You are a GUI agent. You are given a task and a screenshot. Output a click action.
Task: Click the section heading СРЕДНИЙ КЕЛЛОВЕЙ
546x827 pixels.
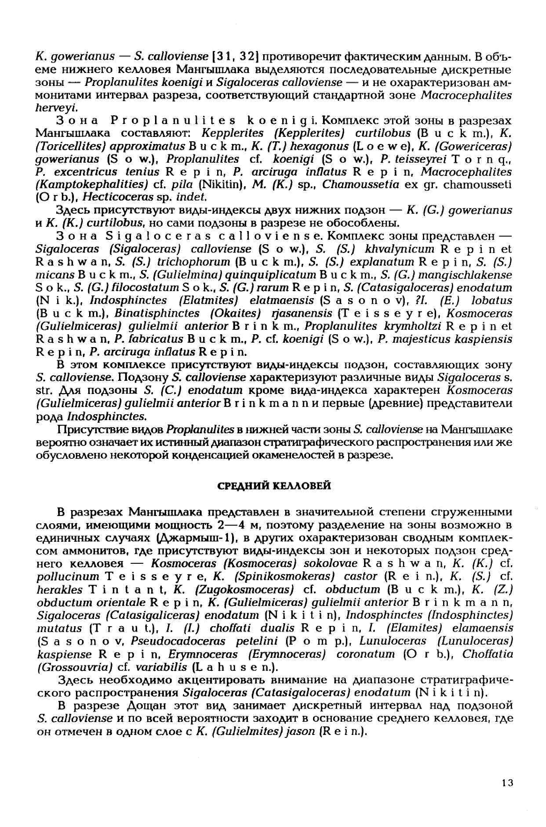click(273, 486)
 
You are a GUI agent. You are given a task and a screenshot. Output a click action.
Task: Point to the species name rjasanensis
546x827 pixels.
click(300, 314)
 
